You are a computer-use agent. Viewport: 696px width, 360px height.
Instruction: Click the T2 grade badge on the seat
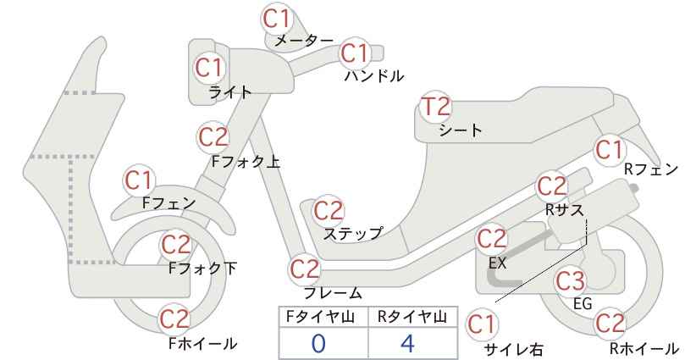tap(436, 107)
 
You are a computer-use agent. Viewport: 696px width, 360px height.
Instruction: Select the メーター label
tap(304, 41)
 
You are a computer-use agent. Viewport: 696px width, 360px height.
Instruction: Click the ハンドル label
tap(374, 76)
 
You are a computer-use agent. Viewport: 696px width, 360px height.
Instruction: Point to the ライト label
tap(230, 91)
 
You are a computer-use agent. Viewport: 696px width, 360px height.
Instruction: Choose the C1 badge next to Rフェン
tap(610, 150)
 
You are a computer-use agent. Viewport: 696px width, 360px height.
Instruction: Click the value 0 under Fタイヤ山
tap(318, 343)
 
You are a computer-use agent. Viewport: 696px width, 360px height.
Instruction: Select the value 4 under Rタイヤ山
tap(408, 343)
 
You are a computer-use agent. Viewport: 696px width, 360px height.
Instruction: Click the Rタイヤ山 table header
tap(412, 317)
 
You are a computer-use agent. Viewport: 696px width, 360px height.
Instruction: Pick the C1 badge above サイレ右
tap(481, 324)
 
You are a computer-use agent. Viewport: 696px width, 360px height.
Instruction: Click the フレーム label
tap(333, 293)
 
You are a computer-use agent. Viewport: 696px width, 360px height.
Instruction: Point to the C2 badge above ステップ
tap(329, 211)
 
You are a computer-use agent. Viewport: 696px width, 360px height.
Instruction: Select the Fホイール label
tap(203, 343)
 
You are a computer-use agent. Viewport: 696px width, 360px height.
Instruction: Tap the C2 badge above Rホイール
tap(610, 324)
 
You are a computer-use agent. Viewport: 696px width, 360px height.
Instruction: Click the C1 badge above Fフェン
tap(139, 180)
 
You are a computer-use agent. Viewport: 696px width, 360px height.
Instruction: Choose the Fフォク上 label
tap(246, 161)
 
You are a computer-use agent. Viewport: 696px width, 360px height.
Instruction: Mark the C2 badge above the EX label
tap(491, 239)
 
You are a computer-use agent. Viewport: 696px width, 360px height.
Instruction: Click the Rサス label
tap(564, 209)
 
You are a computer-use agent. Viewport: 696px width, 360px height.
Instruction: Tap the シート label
tap(461, 130)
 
